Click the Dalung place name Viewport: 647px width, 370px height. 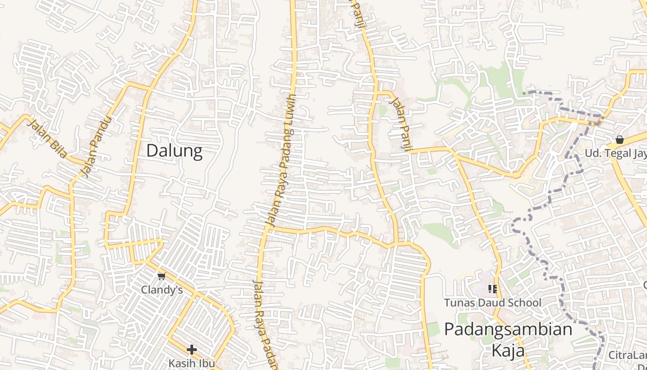click(174, 151)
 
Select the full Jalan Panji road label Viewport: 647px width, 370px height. click(401, 123)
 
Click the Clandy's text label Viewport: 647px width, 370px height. click(162, 290)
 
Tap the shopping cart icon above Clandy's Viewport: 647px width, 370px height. click(161, 277)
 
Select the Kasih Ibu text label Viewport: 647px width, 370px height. click(191, 363)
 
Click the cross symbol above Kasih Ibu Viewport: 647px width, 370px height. click(192, 350)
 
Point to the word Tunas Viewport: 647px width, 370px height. click(458, 303)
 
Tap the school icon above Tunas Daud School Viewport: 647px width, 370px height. click(493, 289)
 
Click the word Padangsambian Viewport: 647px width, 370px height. click(508, 330)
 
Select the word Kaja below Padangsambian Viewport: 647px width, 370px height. click(508, 351)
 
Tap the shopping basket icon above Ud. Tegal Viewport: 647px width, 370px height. click(620, 140)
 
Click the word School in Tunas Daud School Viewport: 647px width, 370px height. click(524, 303)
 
